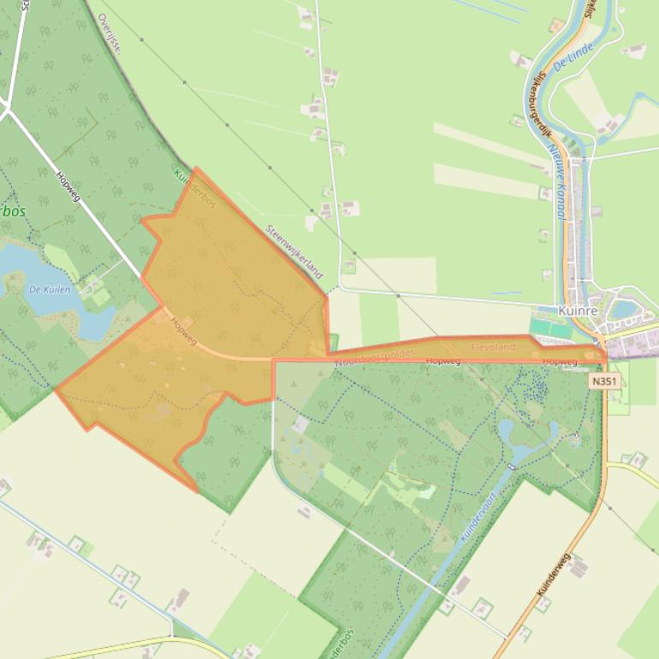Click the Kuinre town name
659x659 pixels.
click(575, 312)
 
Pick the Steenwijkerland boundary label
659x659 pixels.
click(294, 252)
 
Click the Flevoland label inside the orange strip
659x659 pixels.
click(493, 347)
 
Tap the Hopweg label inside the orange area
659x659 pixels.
click(183, 332)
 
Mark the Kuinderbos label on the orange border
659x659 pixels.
click(194, 188)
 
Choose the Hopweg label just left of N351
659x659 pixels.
click(560, 362)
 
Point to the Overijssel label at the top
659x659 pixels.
click(109, 33)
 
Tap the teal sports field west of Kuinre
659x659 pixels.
click(550, 328)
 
